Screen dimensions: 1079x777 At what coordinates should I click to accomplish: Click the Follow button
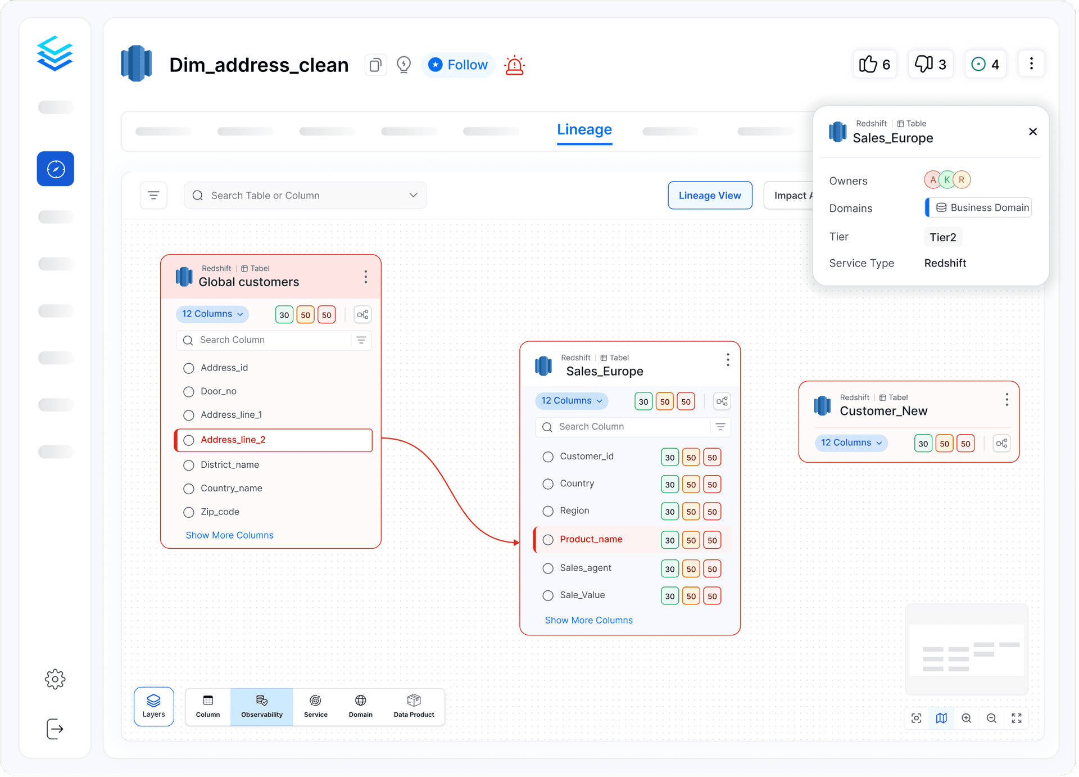coord(458,65)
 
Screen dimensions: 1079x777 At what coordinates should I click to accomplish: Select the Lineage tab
coord(584,130)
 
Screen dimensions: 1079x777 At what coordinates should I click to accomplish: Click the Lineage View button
coord(710,195)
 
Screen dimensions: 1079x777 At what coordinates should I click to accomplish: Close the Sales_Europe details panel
coord(1033,132)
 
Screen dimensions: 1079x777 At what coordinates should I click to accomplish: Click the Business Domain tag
coord(978,207)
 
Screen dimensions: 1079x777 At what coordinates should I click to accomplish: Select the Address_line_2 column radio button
coord(189,440)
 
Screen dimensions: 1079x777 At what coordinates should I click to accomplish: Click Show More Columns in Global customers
coord(229,535)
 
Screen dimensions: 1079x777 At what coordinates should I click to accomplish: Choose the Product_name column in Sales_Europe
coord(591,539)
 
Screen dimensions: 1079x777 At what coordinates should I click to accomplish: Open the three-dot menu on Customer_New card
coord(1007,400)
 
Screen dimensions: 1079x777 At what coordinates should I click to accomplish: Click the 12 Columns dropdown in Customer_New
coord(851,443)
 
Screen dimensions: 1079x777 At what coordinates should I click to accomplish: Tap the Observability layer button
coord(262,707)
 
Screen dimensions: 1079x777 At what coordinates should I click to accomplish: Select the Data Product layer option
coord(414,707)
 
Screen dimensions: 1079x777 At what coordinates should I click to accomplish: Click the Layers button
coord(153,707)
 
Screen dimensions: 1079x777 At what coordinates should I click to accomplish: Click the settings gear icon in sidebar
coord(55,679)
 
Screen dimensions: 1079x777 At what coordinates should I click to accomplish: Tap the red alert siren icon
coord(514,65)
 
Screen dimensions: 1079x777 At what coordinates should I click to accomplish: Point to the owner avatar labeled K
coord(947,180)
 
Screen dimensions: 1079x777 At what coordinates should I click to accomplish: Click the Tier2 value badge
coord(943,237)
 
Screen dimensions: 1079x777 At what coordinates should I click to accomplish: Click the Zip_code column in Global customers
coord(220,512)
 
